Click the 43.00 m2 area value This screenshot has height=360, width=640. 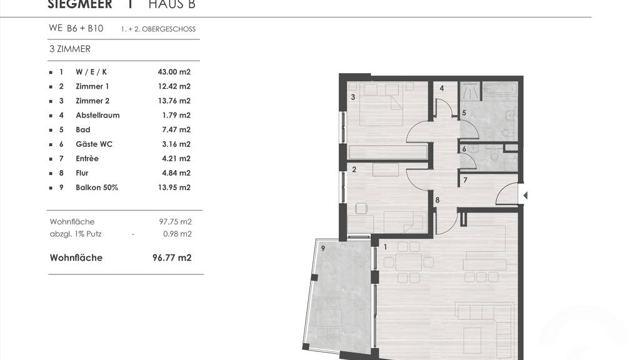pos(174,72)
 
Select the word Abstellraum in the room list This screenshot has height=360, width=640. pos(97,115)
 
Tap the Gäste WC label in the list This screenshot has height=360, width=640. pos(94,144)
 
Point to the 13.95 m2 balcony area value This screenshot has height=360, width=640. pos(174,187)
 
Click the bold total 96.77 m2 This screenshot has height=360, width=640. pos(172,257)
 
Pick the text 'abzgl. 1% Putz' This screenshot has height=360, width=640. pos(76,234)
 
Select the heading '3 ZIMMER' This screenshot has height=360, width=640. pos(70,49)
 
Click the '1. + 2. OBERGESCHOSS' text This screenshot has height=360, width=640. pos(158,29)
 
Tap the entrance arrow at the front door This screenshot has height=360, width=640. pos(525,196)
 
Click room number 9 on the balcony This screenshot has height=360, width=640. pos(323,248)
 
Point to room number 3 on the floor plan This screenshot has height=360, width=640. pos(353,97)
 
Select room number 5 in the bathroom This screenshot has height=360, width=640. pos(464,112)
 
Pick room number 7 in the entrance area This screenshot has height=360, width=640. pos(465,180)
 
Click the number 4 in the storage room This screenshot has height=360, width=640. pos(442,88)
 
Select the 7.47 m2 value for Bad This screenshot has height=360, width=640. pos(176,130)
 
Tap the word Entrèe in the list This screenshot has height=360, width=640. pos(87,158)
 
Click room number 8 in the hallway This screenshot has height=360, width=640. pos(437,200)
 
